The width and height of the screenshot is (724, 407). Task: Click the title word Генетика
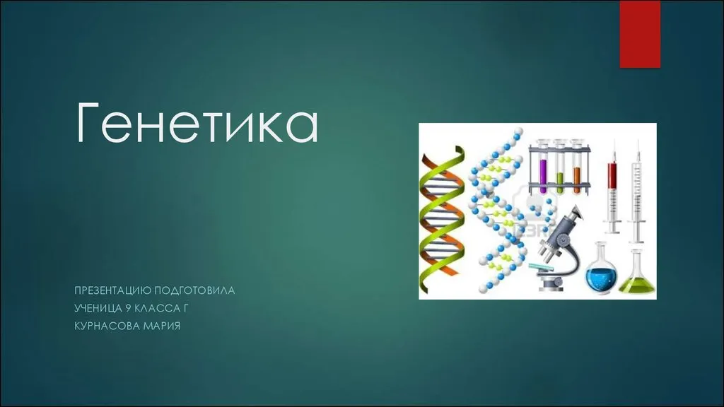tap(197, 122)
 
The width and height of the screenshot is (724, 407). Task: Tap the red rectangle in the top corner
tap(640, 34)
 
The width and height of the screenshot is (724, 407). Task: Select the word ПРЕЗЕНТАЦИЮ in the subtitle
tap(112, 290)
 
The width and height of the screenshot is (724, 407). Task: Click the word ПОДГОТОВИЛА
tap(194, 290)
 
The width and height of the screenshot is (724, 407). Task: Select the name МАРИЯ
tap(162, 326)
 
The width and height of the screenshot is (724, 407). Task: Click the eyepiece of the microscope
tap(576, 213)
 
